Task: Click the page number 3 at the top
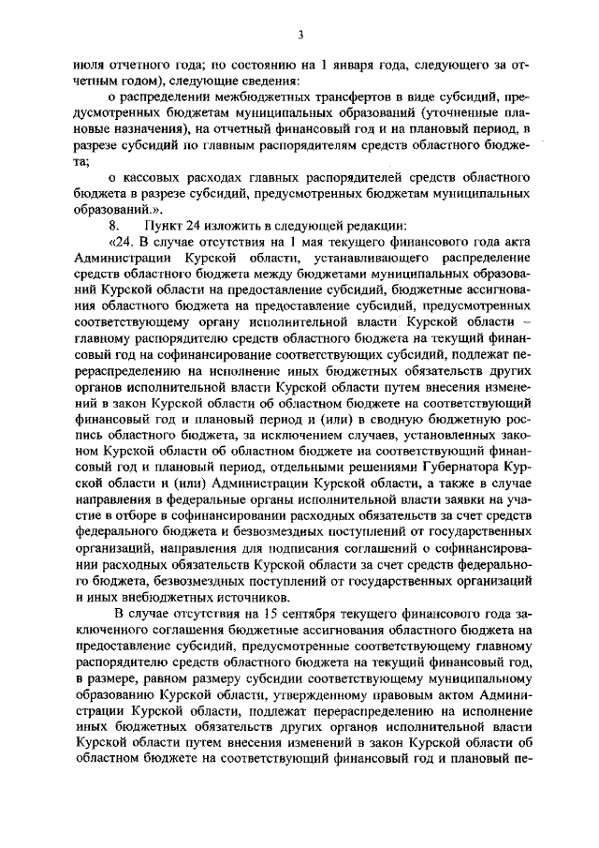pos(300,36)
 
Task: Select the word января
pos(343,66)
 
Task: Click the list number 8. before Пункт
pos(113,224)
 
